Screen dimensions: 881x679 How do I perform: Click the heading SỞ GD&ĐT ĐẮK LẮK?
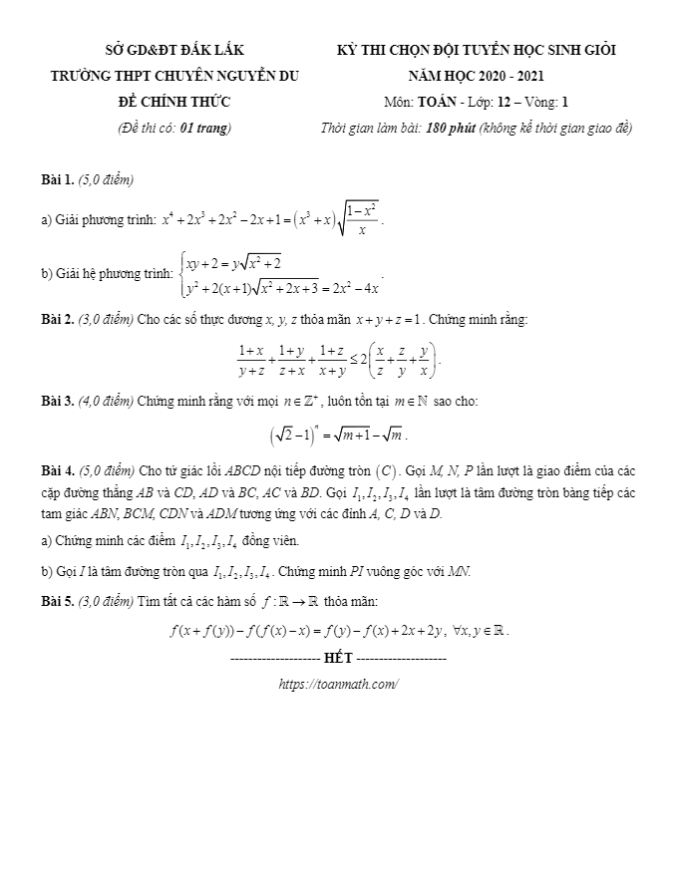coord(174,50)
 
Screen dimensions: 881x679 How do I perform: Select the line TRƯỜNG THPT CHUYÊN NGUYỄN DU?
coord(174,76)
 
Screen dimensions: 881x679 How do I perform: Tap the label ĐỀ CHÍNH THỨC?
coord(174,102)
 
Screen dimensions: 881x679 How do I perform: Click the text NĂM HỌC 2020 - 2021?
coord(477,76)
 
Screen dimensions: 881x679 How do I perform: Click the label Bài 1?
coord(58,180)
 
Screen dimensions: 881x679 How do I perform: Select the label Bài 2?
coord(58,319)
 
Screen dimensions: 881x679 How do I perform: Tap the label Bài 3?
coord(58,402)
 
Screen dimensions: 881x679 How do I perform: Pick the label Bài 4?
coord(58,469)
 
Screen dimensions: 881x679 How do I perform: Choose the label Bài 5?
coord(58,601)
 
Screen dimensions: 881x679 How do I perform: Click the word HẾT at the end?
coord(339,659)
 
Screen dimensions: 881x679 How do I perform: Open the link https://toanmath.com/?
coord(339,684)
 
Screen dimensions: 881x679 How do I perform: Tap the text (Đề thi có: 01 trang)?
coord(174,128)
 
